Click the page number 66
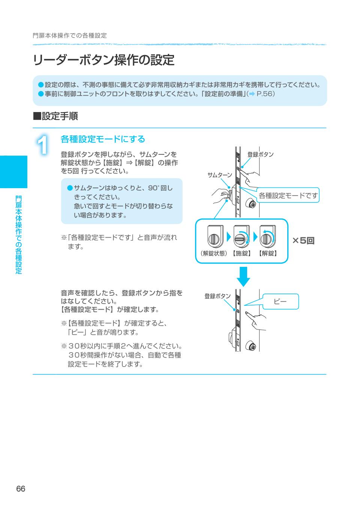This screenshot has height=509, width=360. coord(21,489)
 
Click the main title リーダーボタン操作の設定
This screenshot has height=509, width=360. coord(103,60)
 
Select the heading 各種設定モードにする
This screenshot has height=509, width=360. coord(103,139)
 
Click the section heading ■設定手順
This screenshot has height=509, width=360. coord(55,116)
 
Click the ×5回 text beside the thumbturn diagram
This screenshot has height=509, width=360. coord(303,241)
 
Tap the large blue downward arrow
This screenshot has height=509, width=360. coord(244,276)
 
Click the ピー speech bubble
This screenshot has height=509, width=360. coord(280,301)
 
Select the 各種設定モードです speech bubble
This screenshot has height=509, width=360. coord(288,195)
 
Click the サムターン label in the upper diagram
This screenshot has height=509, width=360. coord(220,175)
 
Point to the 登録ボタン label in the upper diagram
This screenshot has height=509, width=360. coord(260,154)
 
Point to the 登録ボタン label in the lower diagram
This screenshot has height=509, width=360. coord(217,296)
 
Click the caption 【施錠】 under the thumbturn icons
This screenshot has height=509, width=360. coord(242,253)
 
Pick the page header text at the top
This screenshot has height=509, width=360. coord(70,36)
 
